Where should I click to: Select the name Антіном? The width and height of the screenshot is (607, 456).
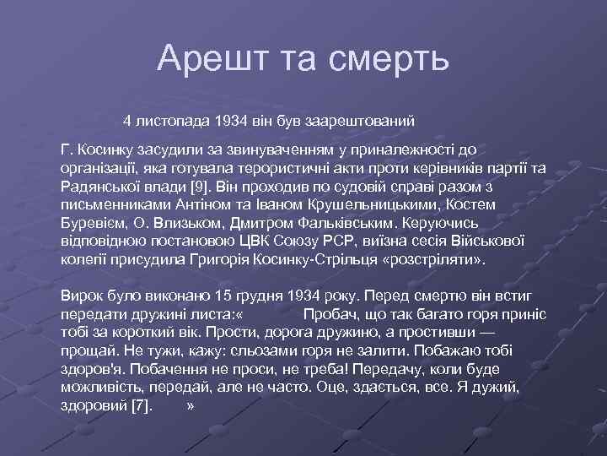[209, 205]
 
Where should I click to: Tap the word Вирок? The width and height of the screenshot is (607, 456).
[81, 296]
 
